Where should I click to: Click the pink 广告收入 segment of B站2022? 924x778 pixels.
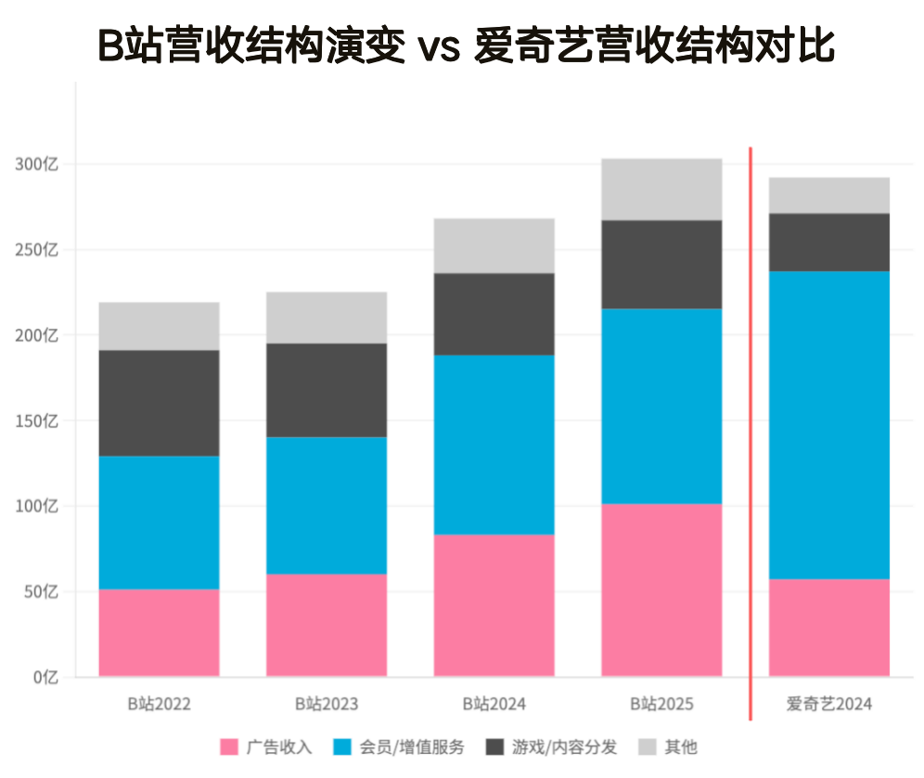point(160,632)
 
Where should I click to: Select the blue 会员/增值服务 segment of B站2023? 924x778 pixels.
point(327,505)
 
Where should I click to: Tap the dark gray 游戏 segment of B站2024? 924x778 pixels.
point(494,314)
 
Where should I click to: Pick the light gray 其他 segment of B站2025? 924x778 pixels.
point(661,188)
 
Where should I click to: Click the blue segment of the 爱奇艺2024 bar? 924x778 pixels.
point(829,424)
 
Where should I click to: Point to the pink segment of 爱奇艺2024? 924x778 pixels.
point(829,627)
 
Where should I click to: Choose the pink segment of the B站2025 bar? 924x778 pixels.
point(661,590)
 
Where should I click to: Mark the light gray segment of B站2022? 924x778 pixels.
point(160,326)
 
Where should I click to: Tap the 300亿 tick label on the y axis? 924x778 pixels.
point(37,164)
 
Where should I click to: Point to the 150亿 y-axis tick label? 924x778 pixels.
point(37,421)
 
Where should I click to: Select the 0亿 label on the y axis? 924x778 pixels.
point(44,677)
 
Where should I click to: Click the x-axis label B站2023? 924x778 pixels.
point(327,704)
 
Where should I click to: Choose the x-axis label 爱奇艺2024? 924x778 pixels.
point(829,704)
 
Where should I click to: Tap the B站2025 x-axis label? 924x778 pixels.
point(661,704)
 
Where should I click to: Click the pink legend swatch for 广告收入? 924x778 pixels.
point(229,747)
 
